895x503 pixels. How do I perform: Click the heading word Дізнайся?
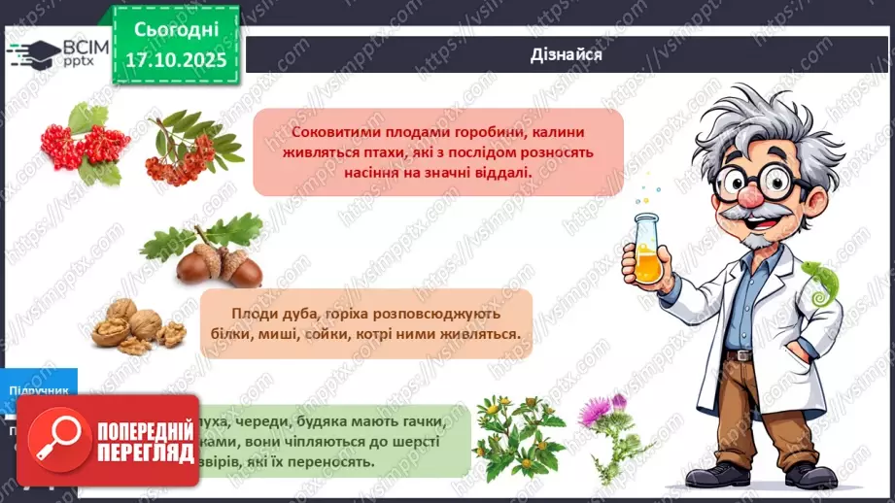coord(568,54)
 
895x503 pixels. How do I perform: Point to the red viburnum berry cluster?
coord(84,144)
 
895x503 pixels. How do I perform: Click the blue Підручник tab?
coord(39,391)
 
